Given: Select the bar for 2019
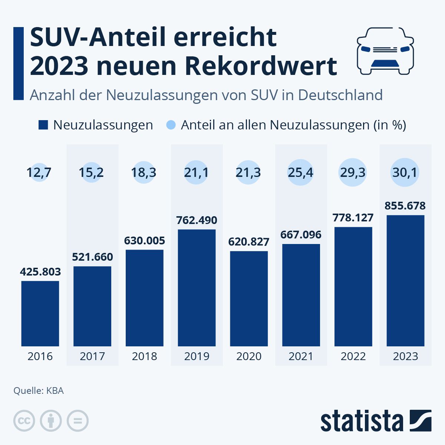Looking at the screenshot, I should (x=197, y=288).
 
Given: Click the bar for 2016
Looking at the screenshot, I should (x=40, y=313).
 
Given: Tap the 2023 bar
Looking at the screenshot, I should (x=405, y=280).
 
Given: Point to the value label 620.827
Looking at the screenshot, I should (x=248, y=242).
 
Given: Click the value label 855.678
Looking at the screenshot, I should (x=405, y=206).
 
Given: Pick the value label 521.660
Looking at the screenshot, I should (x=92, y=257).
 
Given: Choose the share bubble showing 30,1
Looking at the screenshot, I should (x=405, y=172).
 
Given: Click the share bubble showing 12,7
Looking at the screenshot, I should (x=39, y=172).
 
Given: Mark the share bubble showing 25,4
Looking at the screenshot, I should (x=301, y=172).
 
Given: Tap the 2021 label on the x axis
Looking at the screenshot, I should (x=301, y=356).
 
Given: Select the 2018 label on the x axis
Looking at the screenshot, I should (x=144, y=356).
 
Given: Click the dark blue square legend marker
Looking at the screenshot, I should (x=43, y=125).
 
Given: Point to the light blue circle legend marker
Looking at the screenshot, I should (x=171, y=125).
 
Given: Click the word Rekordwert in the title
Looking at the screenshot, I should (x=261, y=66).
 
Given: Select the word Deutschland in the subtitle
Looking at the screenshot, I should (x=340, y=95).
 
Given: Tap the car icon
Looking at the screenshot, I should (x=385, y=50).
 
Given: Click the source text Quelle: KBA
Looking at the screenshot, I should (x=39, y=390).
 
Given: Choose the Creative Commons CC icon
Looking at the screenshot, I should (x=24, y=421).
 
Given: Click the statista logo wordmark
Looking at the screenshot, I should (x=362, y=421).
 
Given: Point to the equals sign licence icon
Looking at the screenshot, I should (x=78, y=421).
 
